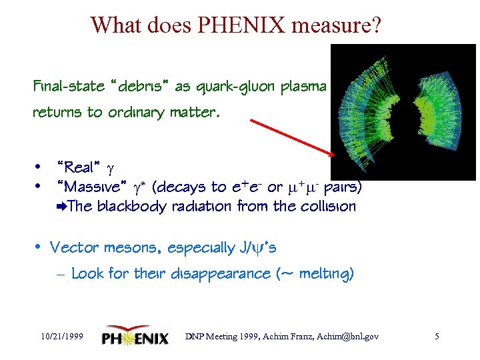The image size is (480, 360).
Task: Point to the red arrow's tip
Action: click(331, 154)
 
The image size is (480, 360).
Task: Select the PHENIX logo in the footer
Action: click(136, 337)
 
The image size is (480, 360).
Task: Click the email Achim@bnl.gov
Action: click(350, 337)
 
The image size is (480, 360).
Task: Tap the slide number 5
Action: click(437, 337)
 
